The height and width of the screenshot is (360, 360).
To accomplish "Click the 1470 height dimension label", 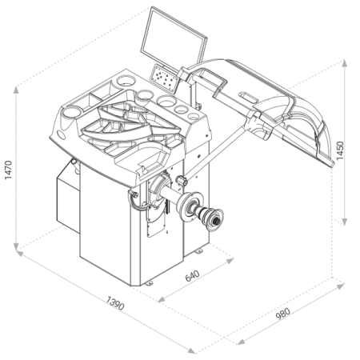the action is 8,170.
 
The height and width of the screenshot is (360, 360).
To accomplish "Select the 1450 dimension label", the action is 340,150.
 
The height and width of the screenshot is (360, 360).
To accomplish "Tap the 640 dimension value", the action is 192,276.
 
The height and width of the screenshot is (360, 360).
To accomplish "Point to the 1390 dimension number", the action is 115,303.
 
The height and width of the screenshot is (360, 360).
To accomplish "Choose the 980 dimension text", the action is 282,314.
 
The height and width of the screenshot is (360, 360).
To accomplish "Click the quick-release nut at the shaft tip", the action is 215,220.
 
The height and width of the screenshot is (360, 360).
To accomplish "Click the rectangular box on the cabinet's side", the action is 68,198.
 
